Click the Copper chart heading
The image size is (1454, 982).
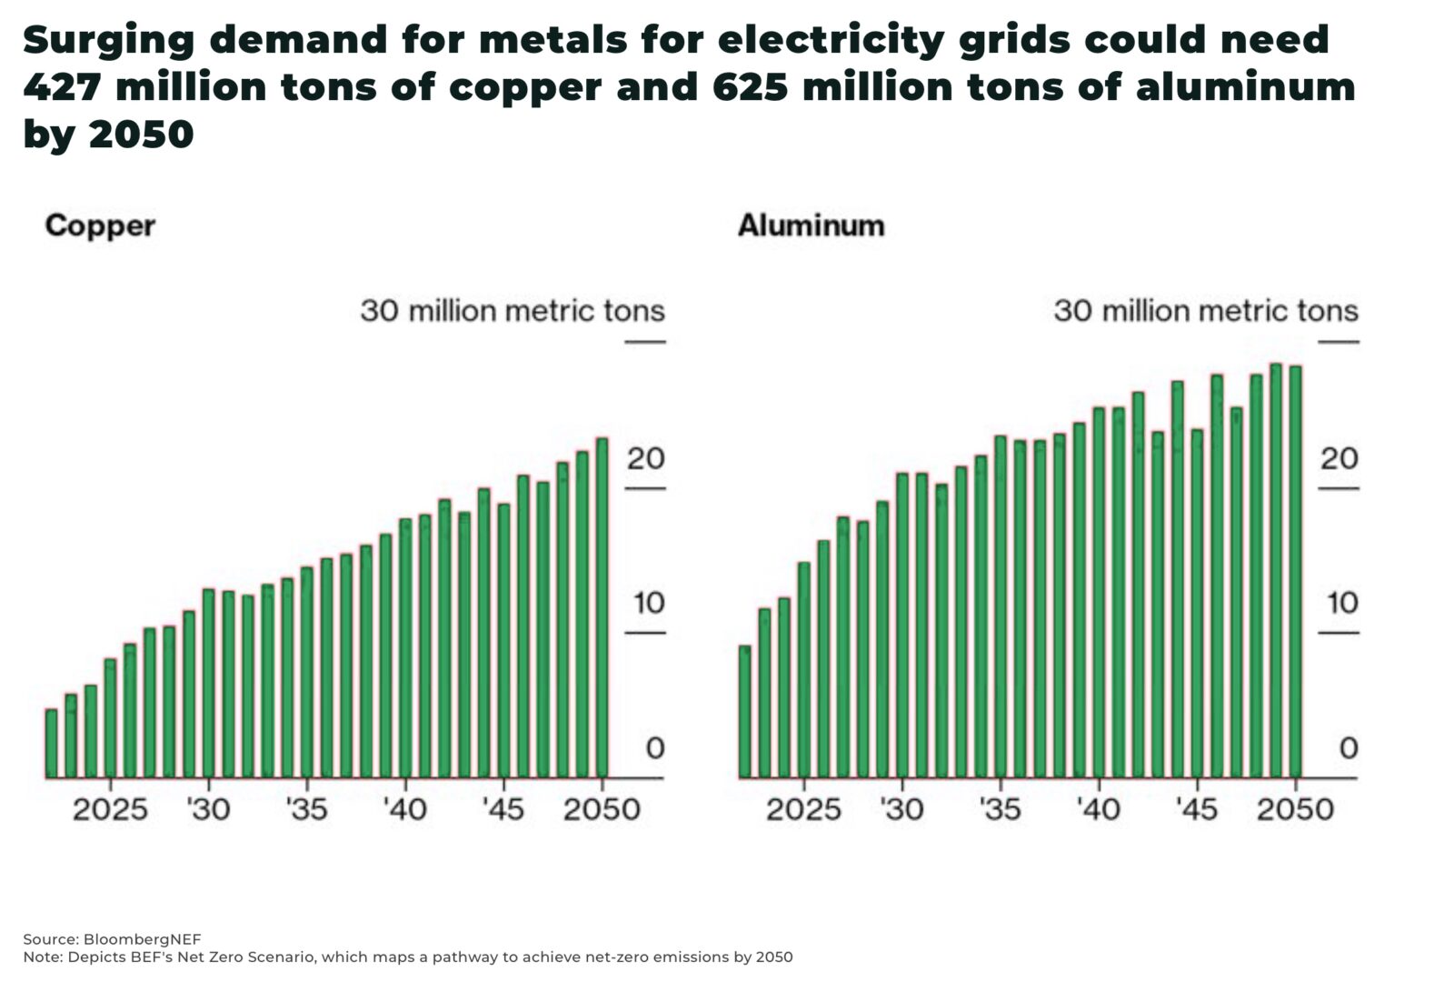tap(100, 225)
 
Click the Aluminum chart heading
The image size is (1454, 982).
tap(811, 225)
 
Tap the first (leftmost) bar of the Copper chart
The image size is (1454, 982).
tap(51, 743)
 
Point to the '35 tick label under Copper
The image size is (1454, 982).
tap(306, 808)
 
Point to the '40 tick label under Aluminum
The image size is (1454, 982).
tap(1098, 808)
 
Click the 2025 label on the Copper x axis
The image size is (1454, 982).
tap(110, 808)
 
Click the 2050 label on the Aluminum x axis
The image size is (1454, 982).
tap(1295, 808)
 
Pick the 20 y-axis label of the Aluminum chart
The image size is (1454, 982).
tap(1339, 458)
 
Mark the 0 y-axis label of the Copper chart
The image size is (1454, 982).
tap(655, 748)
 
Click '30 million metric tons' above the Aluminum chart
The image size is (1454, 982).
tap(1206, 311)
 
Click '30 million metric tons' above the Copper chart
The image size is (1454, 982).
tap(513, 311)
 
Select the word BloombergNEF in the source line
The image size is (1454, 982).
tap(142, 939)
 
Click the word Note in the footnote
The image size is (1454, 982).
tap(38, 957)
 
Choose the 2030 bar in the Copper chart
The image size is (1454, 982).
tap(208, 683)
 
